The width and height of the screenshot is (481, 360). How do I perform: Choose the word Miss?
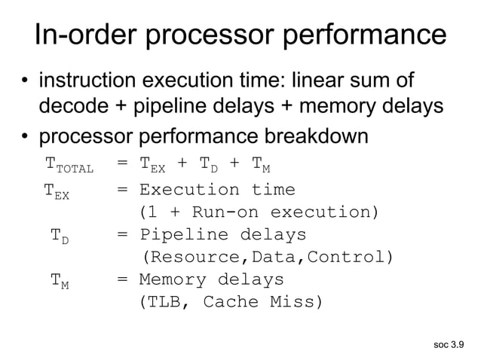pos(296,303)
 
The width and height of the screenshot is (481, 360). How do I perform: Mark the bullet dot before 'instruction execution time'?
pos(25,81)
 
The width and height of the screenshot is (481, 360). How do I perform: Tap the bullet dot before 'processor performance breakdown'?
pos(25,139)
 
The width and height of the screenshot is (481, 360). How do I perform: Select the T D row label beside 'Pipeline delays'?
pos(60,236)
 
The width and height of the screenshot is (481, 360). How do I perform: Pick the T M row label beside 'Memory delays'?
pos(60,282)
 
